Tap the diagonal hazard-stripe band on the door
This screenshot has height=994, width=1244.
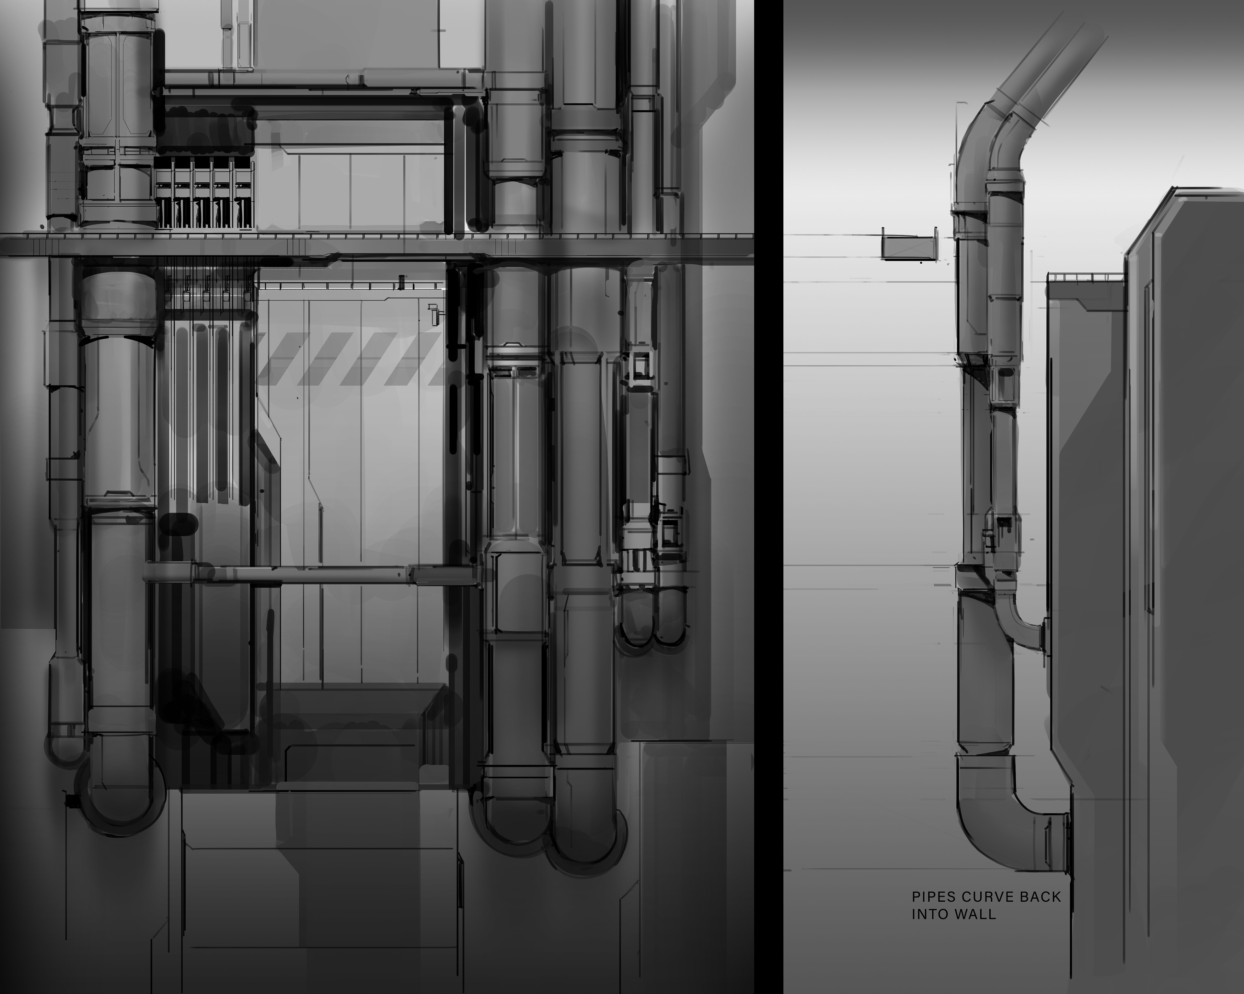click(x=351, y=359)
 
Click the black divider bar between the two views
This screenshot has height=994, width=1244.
click(x=768, y=497)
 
